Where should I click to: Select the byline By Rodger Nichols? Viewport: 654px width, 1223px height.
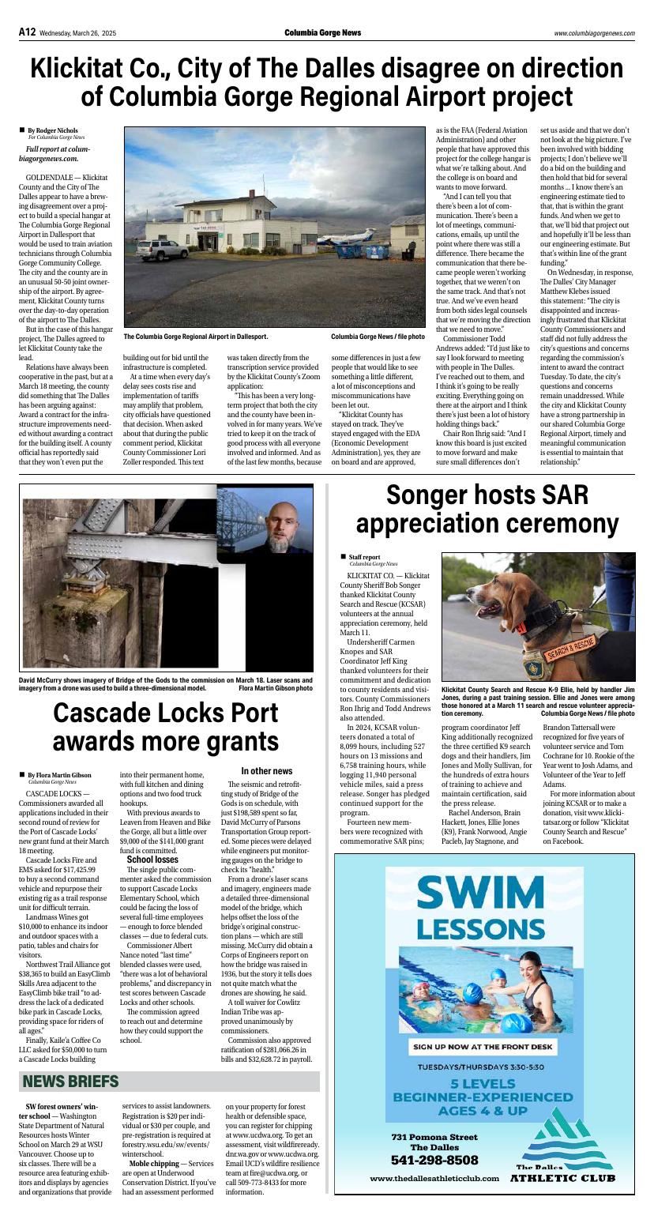tap(53, 130)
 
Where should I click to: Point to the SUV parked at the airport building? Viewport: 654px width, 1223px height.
tap(162, 250)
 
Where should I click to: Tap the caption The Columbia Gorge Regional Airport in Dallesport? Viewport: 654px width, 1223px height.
tap(195, 337)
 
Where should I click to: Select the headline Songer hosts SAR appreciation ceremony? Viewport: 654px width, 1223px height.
tap(487, 509)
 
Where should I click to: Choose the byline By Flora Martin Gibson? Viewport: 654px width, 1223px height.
tap(59, 775)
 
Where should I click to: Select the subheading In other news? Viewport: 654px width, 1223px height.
tap(266, 771)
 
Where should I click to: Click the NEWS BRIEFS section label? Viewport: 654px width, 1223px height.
tap(70, 1081)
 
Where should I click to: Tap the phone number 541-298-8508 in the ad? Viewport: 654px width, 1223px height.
tap(434, 1160)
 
